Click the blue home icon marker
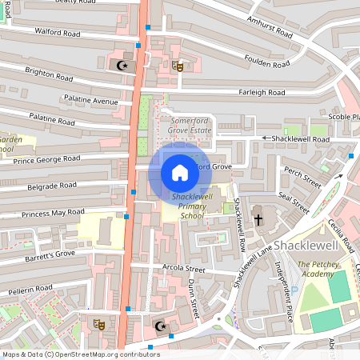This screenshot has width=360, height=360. (x=180, y=172)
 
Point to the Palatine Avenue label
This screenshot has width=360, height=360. (x=91, y=102)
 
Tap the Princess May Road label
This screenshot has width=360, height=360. (x=53, y=213)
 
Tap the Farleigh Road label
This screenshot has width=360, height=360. (x=261, y=93)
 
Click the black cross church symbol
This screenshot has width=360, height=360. (x=258, y=218)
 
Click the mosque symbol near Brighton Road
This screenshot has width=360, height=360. (x=122, y=65)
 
